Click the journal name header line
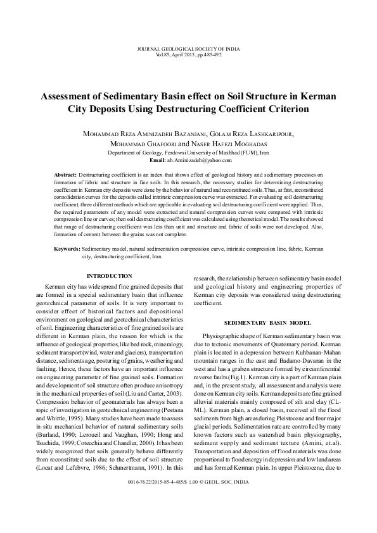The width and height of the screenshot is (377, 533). (188, 49)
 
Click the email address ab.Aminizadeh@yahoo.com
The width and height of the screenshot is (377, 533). (201, 161)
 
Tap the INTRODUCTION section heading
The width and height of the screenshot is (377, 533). (109, 276)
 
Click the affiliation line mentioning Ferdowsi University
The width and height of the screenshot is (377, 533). (188, 153)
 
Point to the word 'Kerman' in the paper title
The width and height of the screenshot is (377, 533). (313, 97)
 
